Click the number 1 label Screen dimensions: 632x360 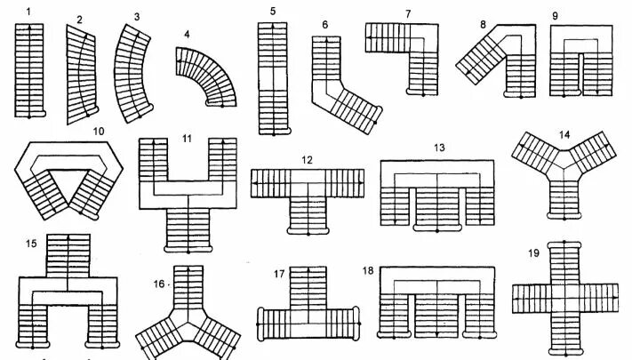(x=28, y=11)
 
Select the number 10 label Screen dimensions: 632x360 (x=98, y=132)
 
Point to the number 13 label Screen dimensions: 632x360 (x=438, y=147)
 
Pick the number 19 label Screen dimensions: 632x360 (x=533, y=252)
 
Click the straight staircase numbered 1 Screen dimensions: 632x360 (x=29, y=71)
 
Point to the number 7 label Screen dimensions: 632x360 (x=407, y=14)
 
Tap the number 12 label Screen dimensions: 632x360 (x=307, y=160)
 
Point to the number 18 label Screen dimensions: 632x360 (x=368, y=268)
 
